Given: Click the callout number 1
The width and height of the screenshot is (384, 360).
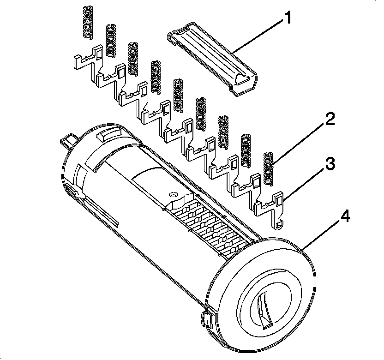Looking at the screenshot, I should (288, 19).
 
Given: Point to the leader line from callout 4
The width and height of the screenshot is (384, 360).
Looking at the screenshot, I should (323, 235).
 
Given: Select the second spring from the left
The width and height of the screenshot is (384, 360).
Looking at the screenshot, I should (111, 41).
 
